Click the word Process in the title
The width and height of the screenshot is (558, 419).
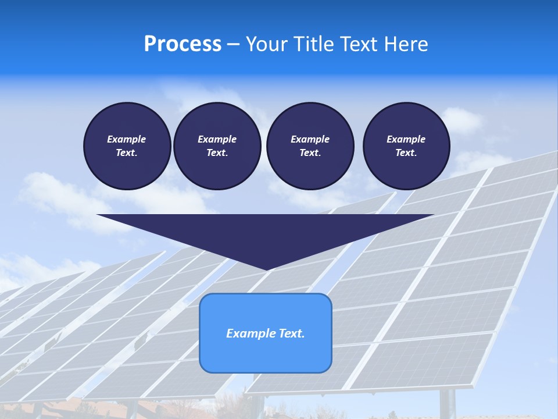click(183, 44)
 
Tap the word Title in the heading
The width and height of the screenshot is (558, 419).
click(313, 44)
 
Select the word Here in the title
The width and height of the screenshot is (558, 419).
click(406, 44)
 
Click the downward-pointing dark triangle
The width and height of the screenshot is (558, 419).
click(265, 233)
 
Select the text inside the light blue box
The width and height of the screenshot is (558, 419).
click(265, 333)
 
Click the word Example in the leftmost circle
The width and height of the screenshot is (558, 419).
click(127, 139)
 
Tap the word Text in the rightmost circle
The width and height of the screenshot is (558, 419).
click(406, 152)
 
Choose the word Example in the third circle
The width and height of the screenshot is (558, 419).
click(310, 139)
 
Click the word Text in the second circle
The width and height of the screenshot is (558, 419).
click(217, 152)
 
